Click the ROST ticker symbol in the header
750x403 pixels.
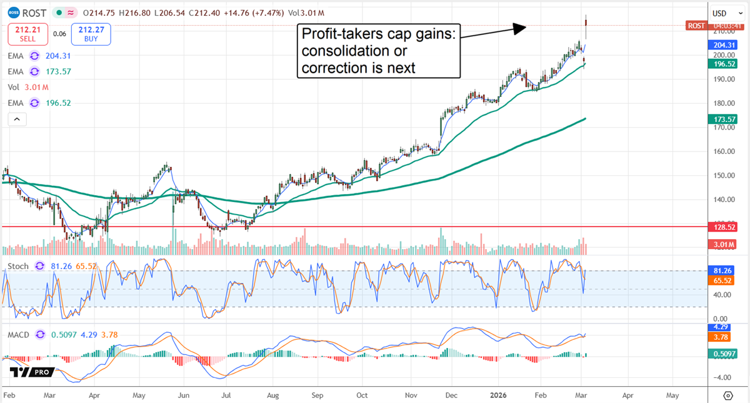tap(32, 13)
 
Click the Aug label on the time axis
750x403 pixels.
tap(272, 396)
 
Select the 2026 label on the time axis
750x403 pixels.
tap(499, 396)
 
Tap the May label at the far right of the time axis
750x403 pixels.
tap(672, 396)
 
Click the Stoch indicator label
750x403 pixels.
tap(17, 265)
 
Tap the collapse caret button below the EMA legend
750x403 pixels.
tap(16, 119)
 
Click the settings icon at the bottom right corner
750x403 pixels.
tap(727, 395)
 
